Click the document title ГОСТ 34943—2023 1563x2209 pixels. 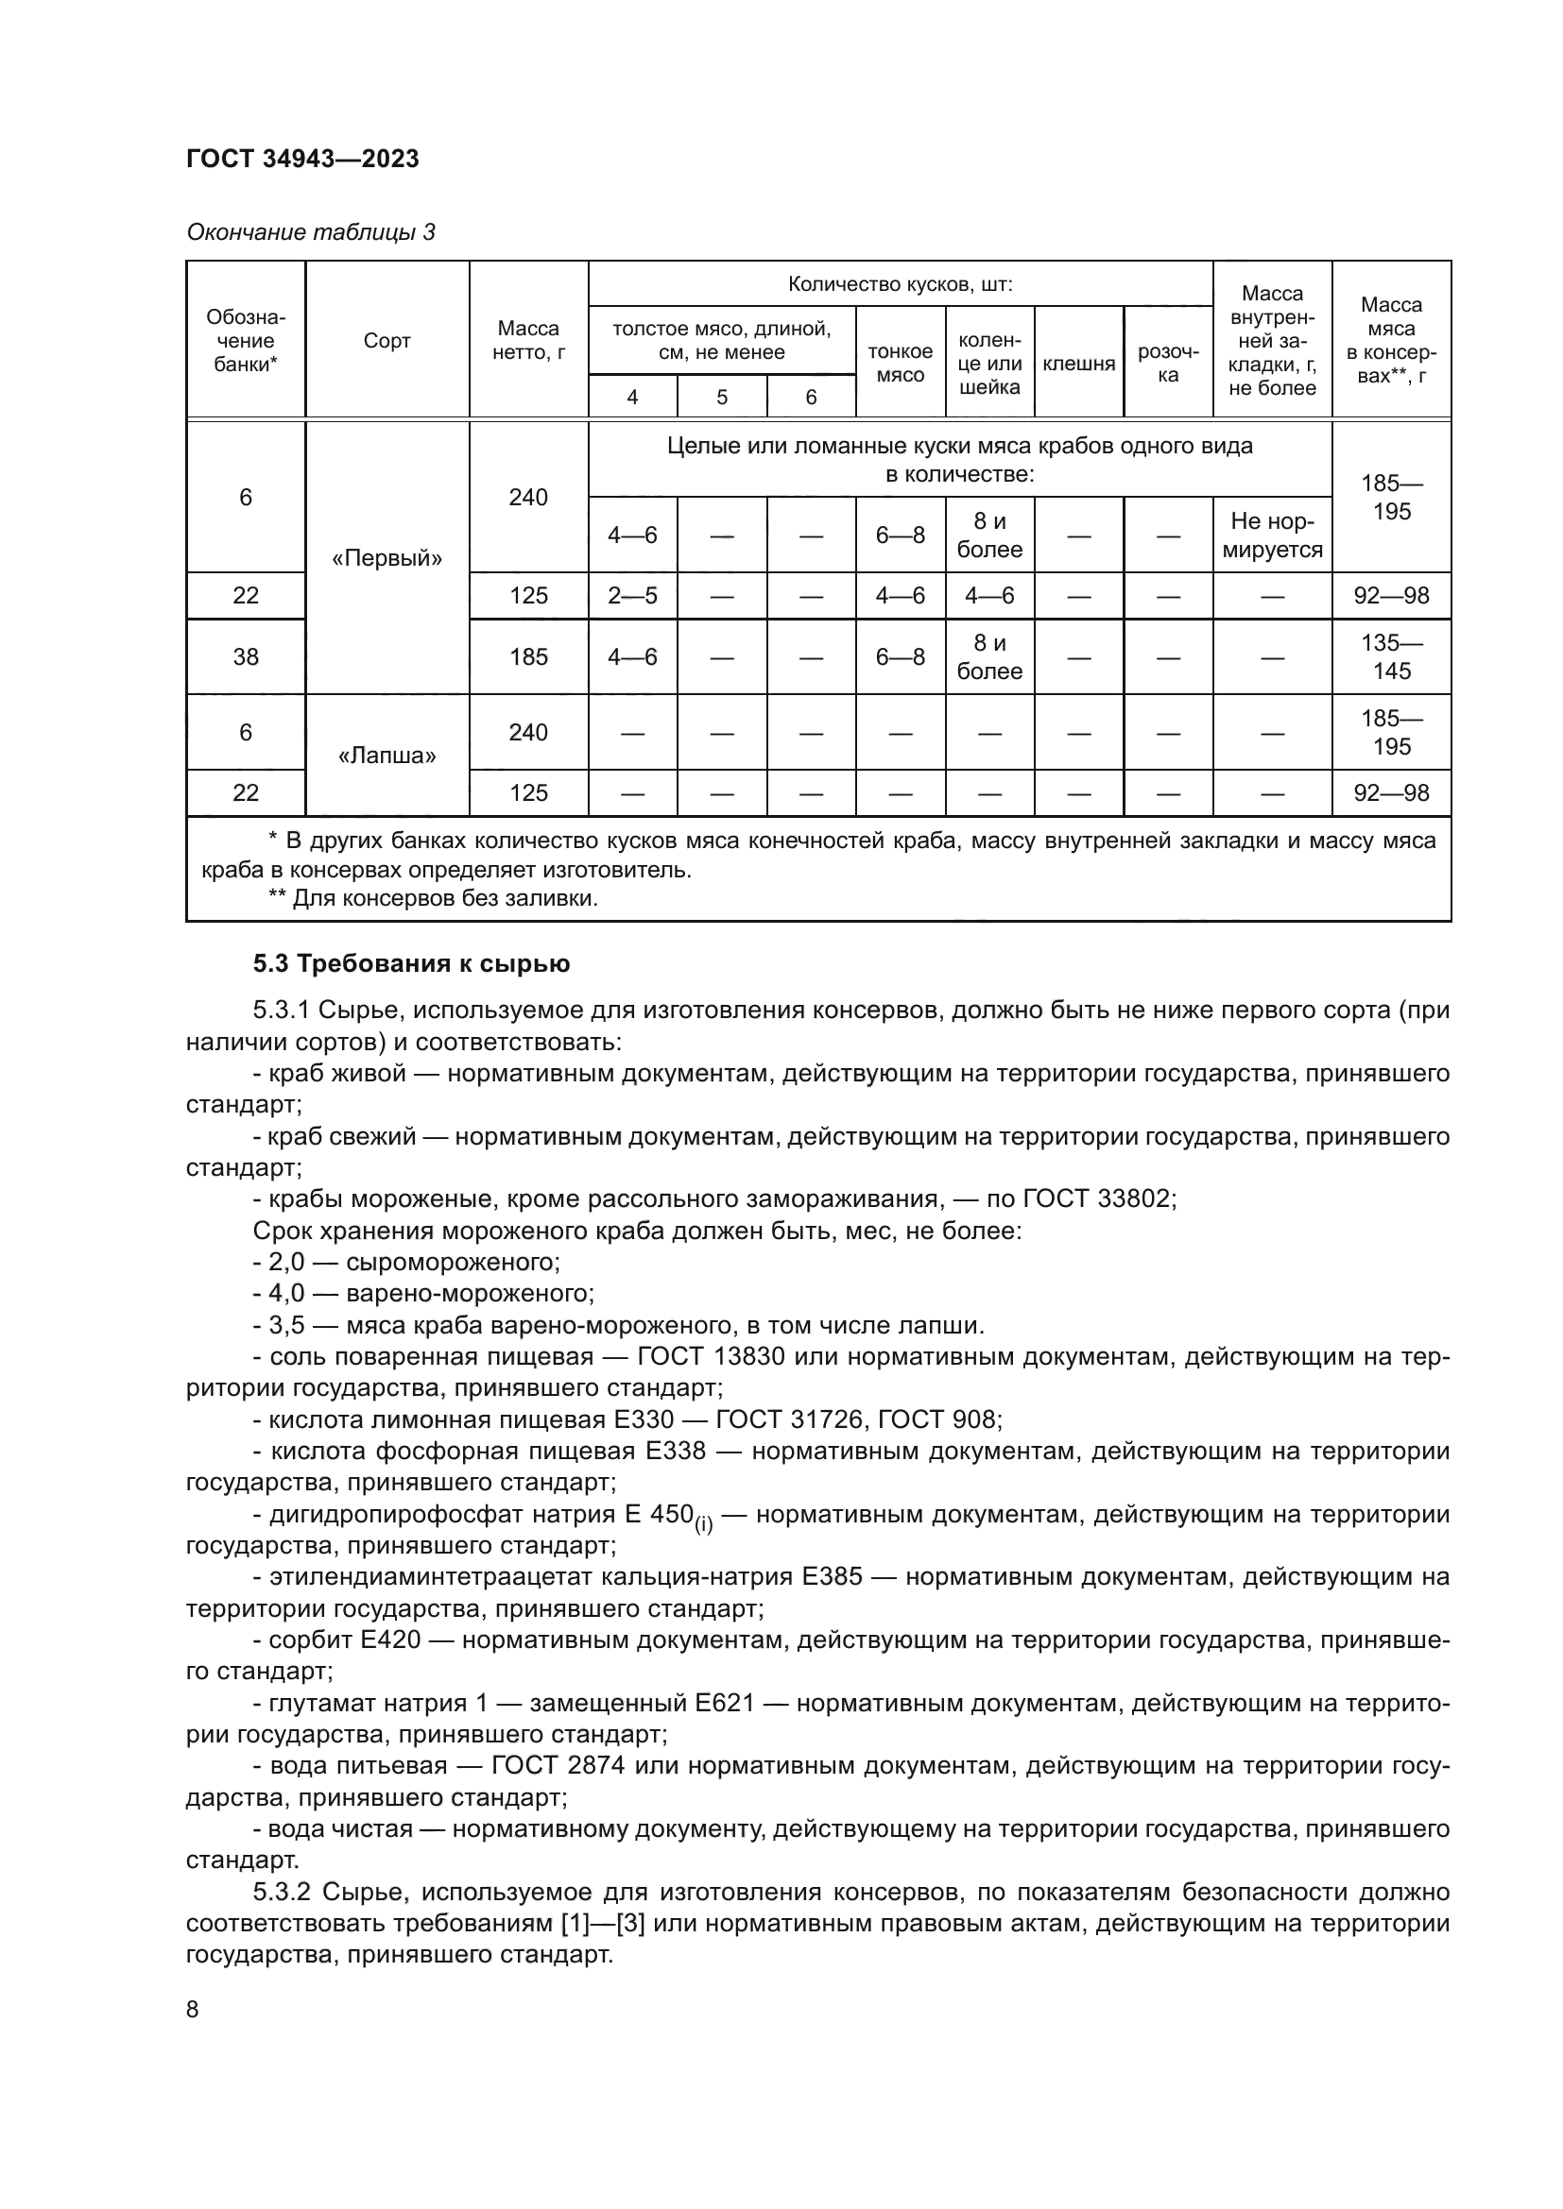tap(302, 159)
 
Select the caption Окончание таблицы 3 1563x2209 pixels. tap(310, 232)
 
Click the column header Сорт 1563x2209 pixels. tap(386, 341)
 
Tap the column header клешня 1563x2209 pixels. tap(1079, 363)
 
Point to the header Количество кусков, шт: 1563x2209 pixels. tap(900, 284)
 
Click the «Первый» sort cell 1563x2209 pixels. tap(386, 558)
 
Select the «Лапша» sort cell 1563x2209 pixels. tap(386, 756)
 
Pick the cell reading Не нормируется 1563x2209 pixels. tap(1271, 535)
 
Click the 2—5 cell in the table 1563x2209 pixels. tap(632, 596)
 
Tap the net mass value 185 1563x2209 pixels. tap(528, 657)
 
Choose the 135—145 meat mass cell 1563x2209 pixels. tap(1391, 657)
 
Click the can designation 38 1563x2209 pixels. tap(246, 657)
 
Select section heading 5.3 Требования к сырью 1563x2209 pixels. tap(411, 964)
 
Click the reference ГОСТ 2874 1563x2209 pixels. tap(558, 1765)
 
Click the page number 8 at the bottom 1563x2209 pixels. tap(193, 2010)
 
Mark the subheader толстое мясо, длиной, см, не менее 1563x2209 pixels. tap(722, 341)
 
